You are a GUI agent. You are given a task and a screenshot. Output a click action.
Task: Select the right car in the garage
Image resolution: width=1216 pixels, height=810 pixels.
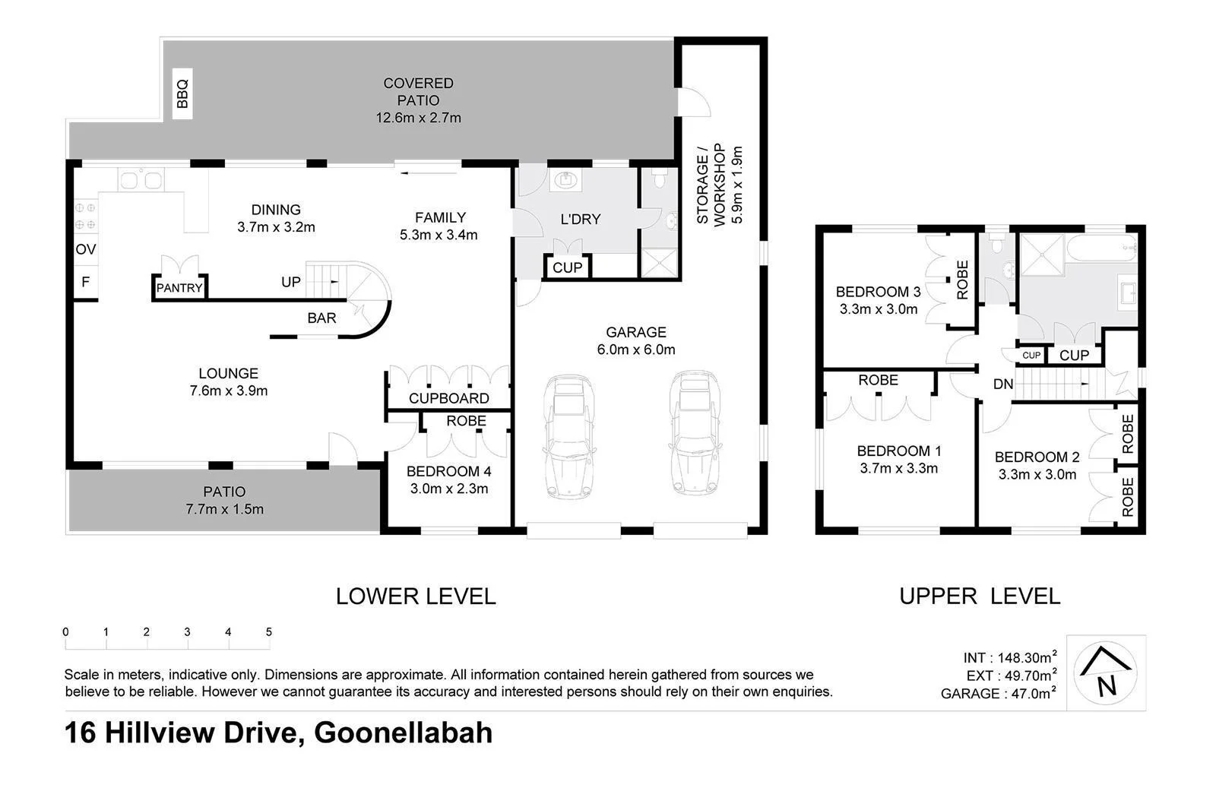point(694,432)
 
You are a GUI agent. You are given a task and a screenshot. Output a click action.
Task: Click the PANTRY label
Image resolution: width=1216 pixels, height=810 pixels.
point(179,288)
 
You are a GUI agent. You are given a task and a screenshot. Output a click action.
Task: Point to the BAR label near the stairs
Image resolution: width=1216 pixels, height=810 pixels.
point(321,318)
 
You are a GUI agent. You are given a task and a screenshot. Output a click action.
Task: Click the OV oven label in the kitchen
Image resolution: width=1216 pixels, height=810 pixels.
point(85,249)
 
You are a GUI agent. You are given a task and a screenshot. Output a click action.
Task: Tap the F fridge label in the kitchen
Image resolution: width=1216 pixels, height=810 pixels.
point(85,282)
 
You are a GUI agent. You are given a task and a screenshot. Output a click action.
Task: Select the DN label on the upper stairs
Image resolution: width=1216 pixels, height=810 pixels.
point(1003,384)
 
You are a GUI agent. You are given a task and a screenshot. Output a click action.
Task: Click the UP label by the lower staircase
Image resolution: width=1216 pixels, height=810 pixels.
point(291,282)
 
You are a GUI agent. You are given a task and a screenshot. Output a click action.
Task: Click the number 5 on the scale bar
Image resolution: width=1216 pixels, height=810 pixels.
point(269,631)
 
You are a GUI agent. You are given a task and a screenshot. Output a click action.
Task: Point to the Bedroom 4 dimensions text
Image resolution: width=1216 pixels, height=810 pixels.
point(448,489)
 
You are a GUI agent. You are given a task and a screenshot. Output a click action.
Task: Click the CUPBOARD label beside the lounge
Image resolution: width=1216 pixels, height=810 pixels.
point(448,398)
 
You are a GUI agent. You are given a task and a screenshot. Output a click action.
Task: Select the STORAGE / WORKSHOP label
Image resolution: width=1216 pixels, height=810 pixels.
point(711,185)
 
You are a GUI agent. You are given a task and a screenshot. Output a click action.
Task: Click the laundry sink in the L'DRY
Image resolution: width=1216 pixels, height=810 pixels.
point(565,180)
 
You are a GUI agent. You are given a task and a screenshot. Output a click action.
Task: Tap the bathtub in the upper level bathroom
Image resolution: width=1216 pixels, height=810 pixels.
point(1100,248)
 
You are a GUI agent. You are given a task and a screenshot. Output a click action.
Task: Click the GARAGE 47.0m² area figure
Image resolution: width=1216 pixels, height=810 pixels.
point(998,693)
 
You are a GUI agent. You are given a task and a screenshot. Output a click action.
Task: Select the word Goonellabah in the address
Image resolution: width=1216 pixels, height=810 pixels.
point(403,733)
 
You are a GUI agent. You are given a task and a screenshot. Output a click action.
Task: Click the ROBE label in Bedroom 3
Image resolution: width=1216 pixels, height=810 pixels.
point(962,280)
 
